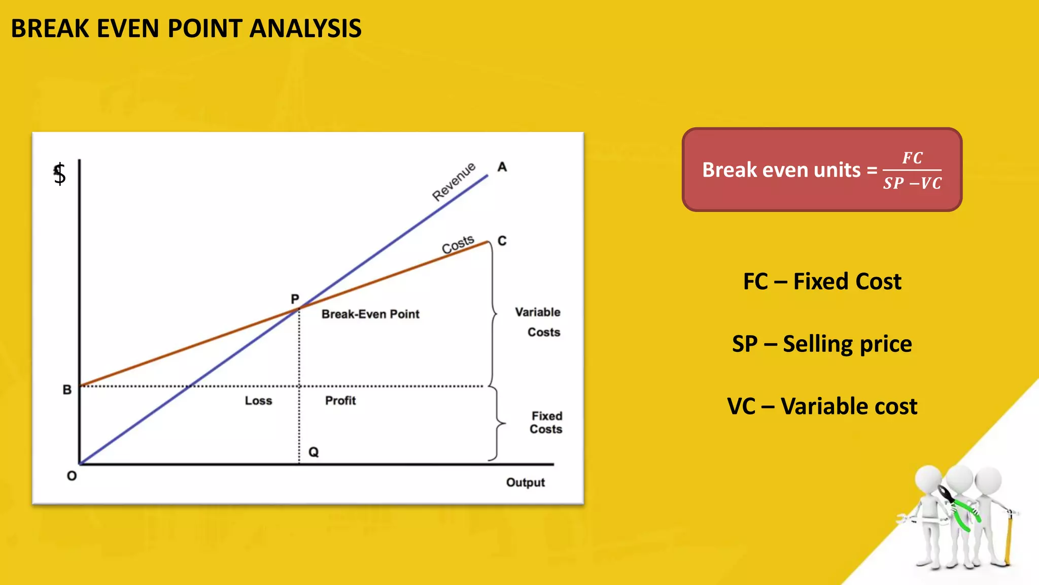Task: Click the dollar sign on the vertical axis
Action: click(x=60, y=174)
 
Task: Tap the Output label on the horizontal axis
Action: click(x=525, y=482)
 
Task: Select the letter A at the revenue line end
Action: click(x=502, y=167)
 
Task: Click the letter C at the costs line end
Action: click(x=502, y=241)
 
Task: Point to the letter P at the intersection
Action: click(x=295, y=299)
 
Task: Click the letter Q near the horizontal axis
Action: click(x=314, y=452)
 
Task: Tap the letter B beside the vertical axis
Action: click(x=67, y=390)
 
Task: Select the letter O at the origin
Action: click(x=72, y=476)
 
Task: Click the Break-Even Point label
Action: click(x=370, y=314)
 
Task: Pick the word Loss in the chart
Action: click(x=258, y=401)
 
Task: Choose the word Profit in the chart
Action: click(x=340, y=401)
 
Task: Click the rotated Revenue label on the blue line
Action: click(x=454, y=182)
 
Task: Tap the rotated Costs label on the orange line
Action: click(x=458, y=244)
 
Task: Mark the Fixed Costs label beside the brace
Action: click(x=546, y=422)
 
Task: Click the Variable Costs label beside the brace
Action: click(x=538, y=322)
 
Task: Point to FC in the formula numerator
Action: click(x=912, y=158)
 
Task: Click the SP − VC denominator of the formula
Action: click(x=912, y=183)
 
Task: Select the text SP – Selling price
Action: click(x=822, y=344)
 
